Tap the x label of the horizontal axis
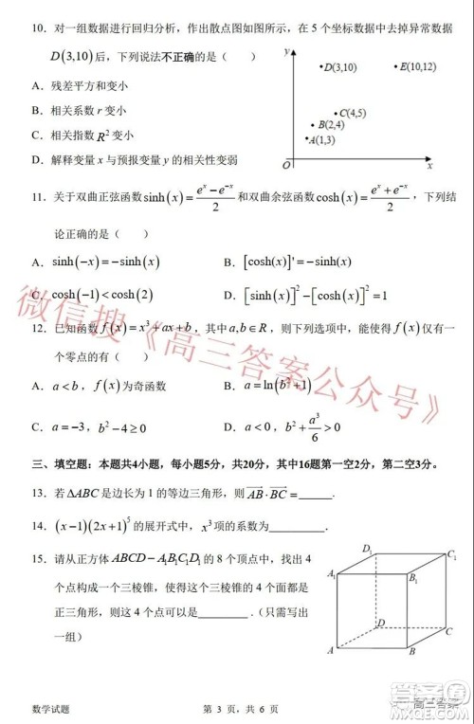pyautogui.click(x=429, y=166)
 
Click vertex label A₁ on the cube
pyautogui.click(x=332, y=575)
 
